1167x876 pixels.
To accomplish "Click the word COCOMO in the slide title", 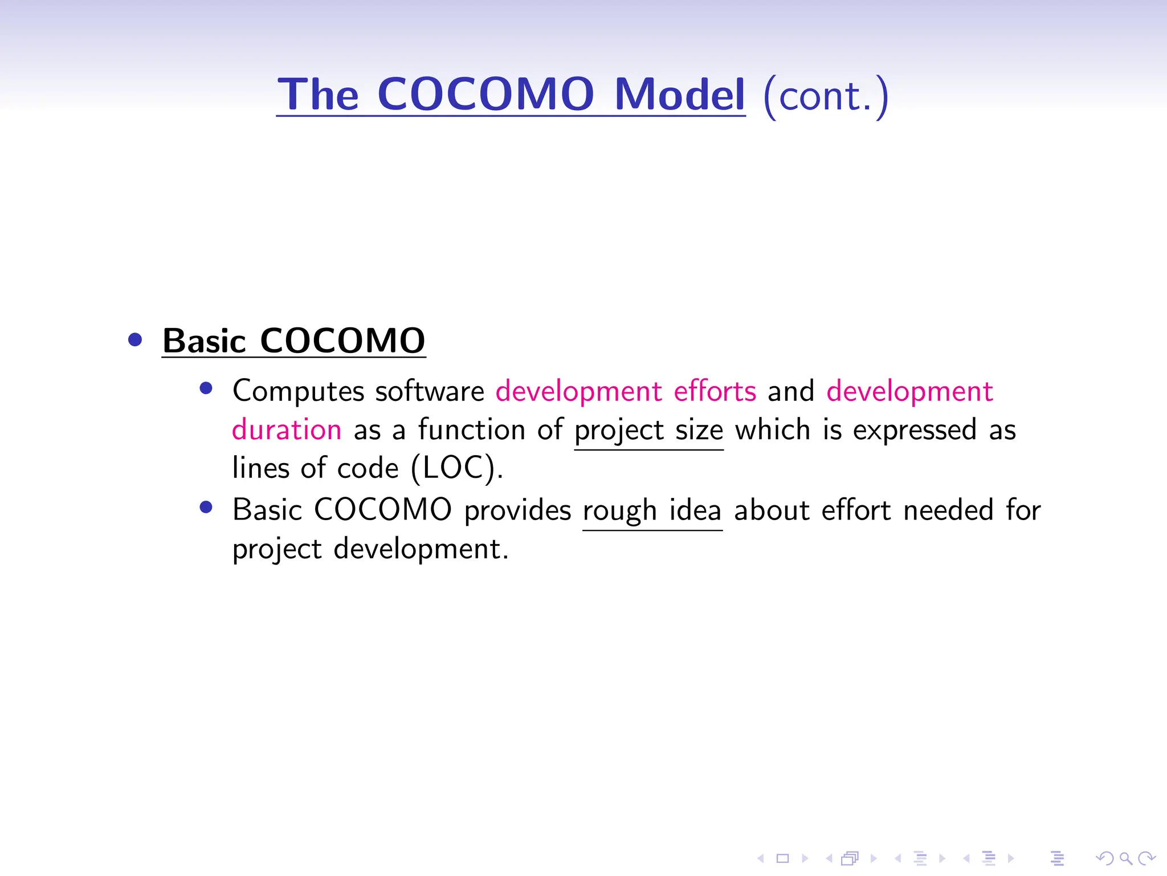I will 485,94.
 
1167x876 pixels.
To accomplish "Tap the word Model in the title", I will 679,94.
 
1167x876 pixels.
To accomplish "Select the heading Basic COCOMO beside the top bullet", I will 293,340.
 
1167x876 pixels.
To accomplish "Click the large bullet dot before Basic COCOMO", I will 135,340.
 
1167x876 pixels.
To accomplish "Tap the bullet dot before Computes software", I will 206,389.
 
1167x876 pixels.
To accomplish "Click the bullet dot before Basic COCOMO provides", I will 206,507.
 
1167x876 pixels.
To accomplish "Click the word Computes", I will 298,392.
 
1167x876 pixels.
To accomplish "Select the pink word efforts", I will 715,391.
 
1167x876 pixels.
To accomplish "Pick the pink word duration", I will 287,429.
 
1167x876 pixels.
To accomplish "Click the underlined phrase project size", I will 648,431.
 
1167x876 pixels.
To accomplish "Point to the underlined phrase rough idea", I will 652,510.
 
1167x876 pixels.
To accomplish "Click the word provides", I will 517,510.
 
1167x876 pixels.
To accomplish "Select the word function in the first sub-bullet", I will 471,429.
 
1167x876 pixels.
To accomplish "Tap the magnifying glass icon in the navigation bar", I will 1125,858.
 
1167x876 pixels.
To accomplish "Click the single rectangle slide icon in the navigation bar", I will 782,858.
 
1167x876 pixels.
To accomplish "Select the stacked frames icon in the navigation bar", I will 850,858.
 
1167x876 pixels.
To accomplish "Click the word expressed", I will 915,431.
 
